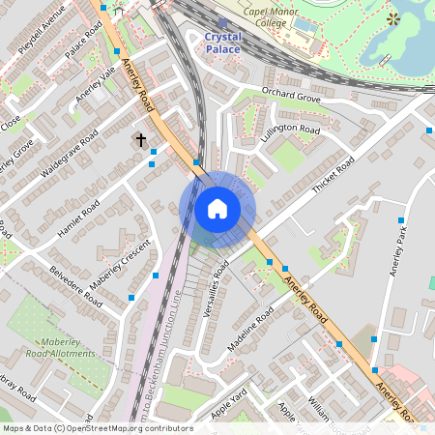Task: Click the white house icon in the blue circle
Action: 217,208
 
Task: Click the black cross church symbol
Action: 141,141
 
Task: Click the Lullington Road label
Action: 290,130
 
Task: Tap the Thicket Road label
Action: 333,175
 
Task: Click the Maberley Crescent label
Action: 122,265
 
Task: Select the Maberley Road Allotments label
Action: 69,348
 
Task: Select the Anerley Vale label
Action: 96,98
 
